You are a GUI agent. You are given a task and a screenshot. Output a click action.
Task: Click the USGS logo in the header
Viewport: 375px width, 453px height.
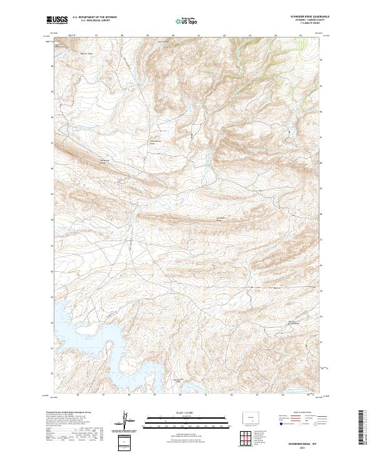[57, 20]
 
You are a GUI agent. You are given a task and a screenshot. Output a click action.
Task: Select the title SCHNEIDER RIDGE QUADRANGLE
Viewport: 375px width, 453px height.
[307, 17]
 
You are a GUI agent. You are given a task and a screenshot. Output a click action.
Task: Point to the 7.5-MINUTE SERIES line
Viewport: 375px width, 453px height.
[307, 26]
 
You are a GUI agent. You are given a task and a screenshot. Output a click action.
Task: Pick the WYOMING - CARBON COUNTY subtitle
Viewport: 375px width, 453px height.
[307, 21]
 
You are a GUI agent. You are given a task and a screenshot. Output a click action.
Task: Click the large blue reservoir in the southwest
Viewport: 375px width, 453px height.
[81, 325]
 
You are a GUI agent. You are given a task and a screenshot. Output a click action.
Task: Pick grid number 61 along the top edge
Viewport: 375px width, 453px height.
[198, 35]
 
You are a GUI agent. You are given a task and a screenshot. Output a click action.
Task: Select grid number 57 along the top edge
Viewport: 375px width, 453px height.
[96, 35]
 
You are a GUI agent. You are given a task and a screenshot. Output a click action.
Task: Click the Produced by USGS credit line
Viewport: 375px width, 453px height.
[69, 413]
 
